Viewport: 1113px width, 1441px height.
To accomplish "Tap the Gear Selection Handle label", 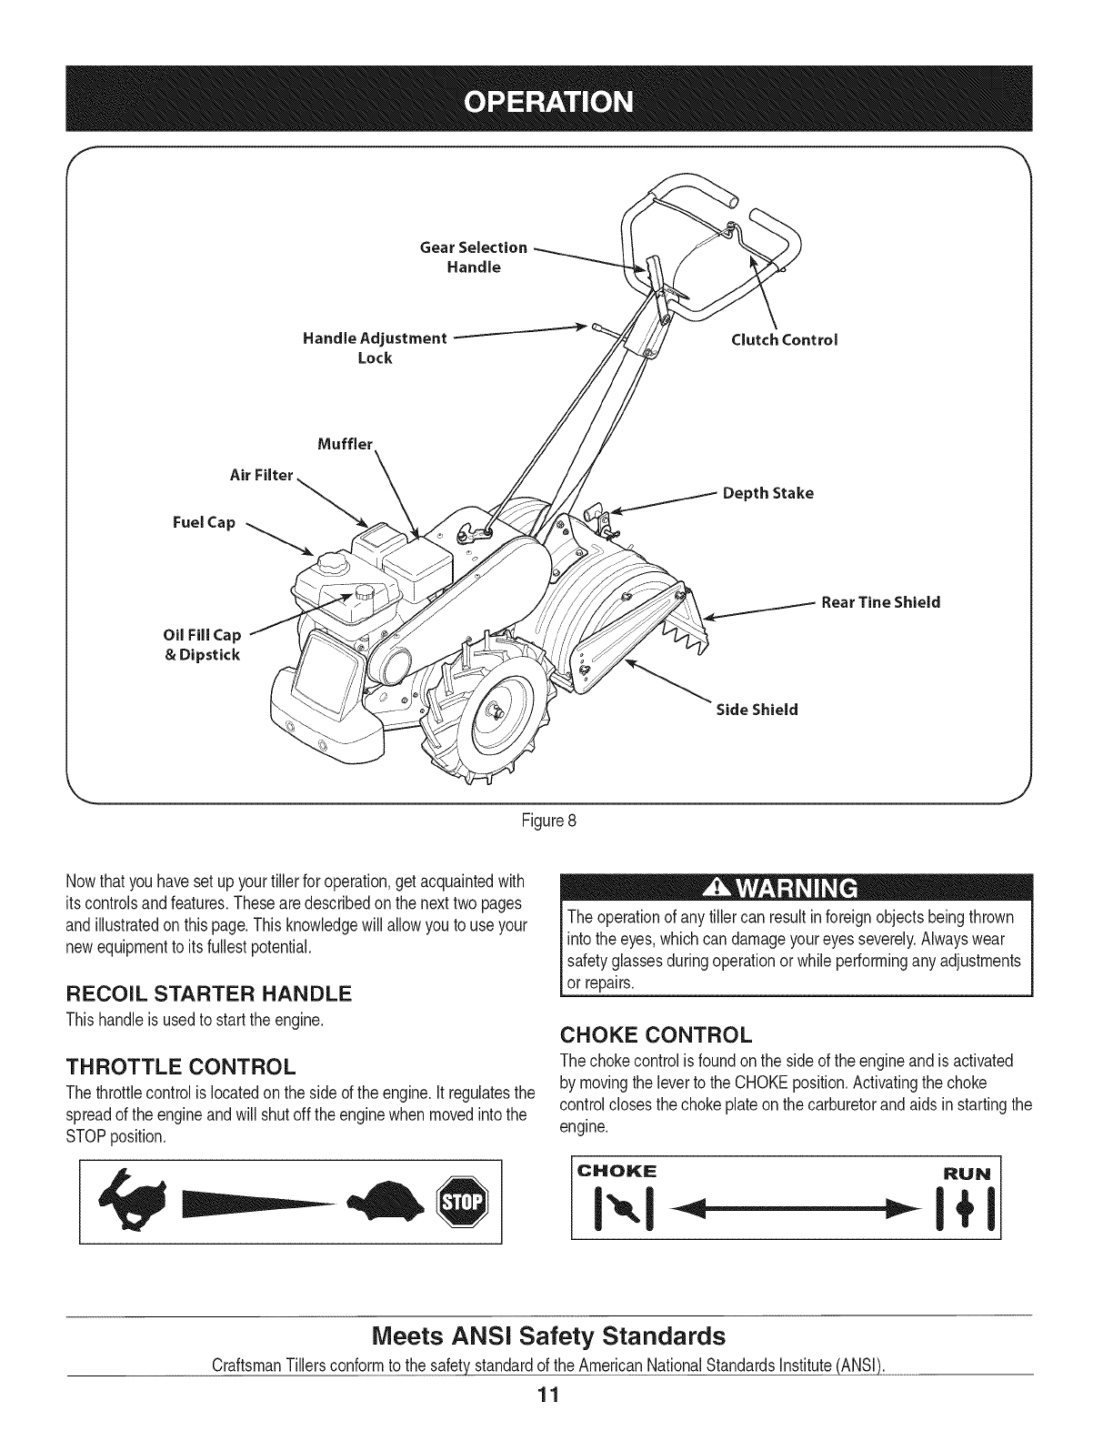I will point(474,257).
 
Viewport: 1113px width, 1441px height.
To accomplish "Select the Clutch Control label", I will point(784,339).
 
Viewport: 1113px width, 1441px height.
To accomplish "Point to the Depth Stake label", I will point(767,493).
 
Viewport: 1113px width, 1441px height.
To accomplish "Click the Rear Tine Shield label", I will point(880,602).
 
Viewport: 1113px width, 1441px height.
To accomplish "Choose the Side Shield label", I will point(757,709).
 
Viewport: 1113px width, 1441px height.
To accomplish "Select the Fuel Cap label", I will point(205,523).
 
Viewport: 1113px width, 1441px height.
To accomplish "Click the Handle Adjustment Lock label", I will point(375,348).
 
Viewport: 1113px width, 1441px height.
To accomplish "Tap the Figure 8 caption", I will point(548,820).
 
